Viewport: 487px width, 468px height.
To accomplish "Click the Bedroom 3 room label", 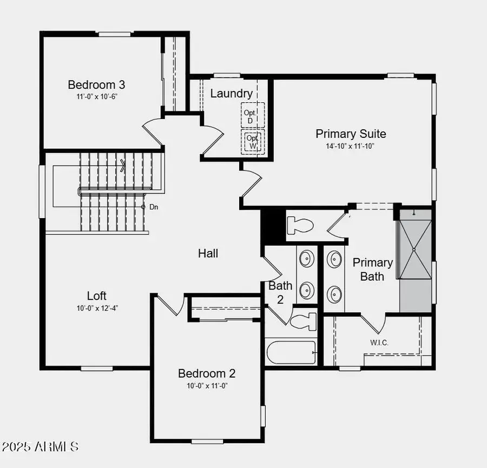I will coord(96,85).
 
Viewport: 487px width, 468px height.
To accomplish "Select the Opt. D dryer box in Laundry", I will coord(253,115).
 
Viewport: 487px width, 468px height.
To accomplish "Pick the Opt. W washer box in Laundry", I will coord(253,141).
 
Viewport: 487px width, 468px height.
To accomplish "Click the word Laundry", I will coord(231,94).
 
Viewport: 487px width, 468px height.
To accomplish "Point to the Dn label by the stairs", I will coord(153,207).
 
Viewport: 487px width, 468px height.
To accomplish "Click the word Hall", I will coord(208,253).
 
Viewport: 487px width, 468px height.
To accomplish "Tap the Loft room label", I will coord(97,296).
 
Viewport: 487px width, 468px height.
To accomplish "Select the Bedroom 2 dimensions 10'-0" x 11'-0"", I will coord(207,386).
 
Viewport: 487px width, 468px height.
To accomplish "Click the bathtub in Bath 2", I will coord(291,353).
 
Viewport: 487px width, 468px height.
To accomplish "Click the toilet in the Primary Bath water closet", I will coord(301,224).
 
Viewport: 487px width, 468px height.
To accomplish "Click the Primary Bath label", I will coord(372,269).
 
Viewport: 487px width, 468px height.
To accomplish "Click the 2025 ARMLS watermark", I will coord(41,447).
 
